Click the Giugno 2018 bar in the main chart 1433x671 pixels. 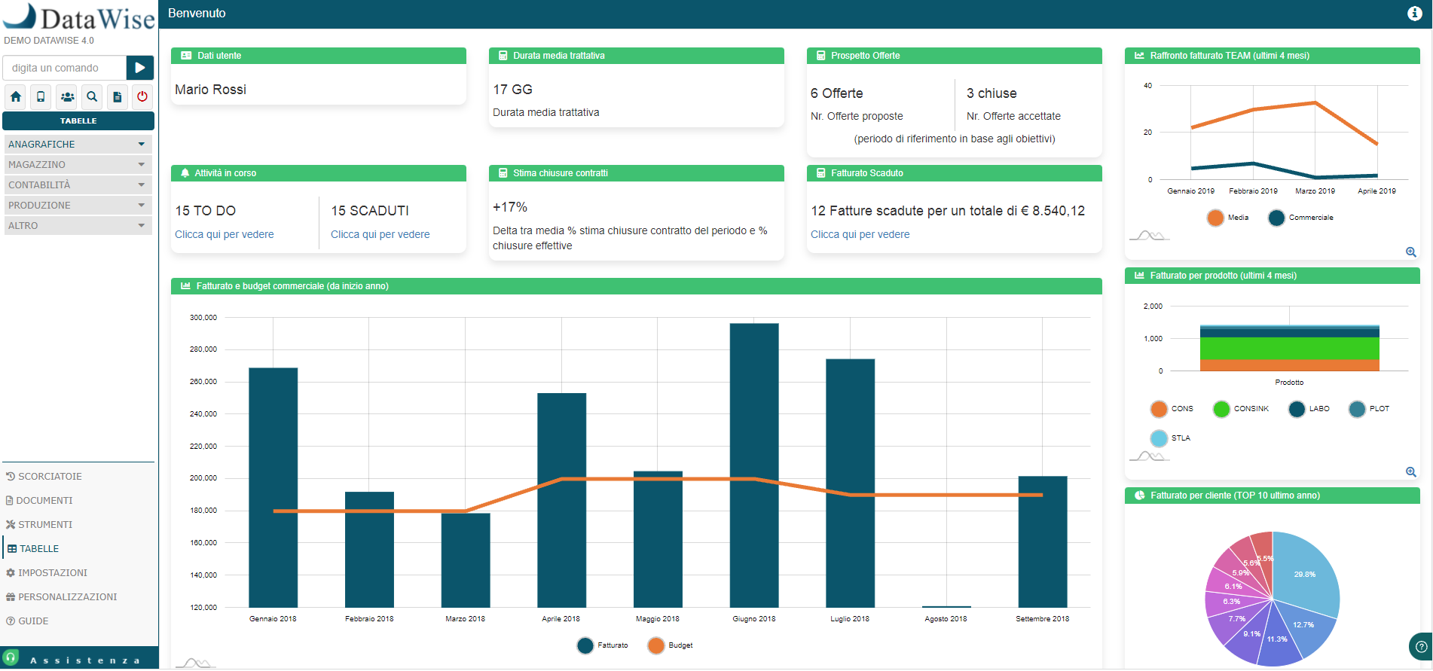pyautogui.click(x=753, y=467)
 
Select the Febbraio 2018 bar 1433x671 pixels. pyautogui.click(x=369, y=550)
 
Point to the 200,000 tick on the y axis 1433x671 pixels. pyautogui.click(x=203, y=478)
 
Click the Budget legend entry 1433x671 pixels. pyautogui.click(x=670, y=645)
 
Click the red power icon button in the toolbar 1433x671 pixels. pyautogui.click(x=142, y=96)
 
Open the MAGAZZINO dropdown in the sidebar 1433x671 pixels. pyautogui.click(x=78, y=164)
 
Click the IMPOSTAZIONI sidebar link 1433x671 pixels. pyautogui.click(x=52, y=573)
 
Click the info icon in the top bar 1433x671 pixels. pyautogui.click(x=1414, y=14)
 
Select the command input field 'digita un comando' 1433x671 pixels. pyautogui.click(x=65, y=68)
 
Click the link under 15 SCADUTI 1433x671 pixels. pyautogui.click(x=380, y=234)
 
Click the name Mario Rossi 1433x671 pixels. pyautogui.click(x=210, y=90)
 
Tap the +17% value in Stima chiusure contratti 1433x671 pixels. pyautogui.click(x=510, y=207)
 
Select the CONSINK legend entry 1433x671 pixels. pyautogui.click(x=1241, y=409)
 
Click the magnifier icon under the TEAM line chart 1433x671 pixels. pyautogui.click(x=1410, y=252)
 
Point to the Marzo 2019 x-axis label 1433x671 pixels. pyautogui.click(x=1315, y=191)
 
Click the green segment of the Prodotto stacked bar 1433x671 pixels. pyautogui.click(x=1289, y=348)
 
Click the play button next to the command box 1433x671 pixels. pyautogui.click(x=139, y=68)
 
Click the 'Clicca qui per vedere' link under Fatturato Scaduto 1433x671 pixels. pyautogui.click(x=860, y=234)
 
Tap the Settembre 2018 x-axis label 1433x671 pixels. pyautogui.click(x=1042, y=619)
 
